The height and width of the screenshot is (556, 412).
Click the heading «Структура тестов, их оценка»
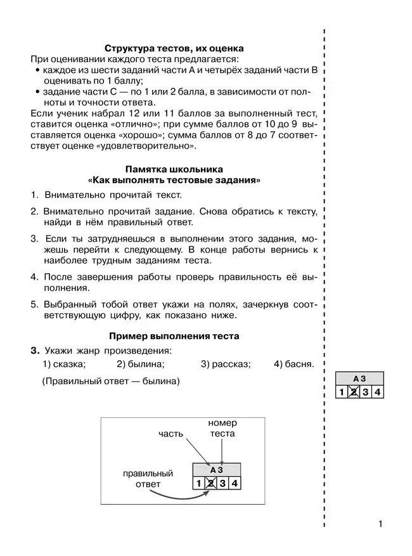(x=174, y=48)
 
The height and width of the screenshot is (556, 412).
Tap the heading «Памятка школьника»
(x=174, y=170)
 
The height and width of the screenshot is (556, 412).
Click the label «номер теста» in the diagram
(x=222, y=428)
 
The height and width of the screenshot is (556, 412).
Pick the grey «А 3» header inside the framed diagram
(x=216, y=470)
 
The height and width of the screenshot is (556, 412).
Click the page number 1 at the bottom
(x=380, y=524)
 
